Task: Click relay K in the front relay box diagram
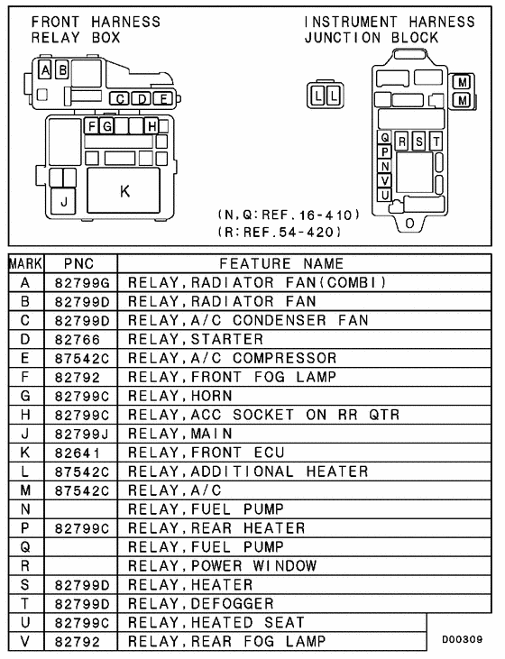pos(124,190)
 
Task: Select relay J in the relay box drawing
pos(63,202)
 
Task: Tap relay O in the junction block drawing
pos(410,222)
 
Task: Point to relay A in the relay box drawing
pos(45,69)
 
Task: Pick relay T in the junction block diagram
pos(436,141)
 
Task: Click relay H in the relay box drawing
pos(152,125)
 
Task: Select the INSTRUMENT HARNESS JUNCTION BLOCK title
pos(389,30)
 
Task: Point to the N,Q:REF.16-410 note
pos(289,215)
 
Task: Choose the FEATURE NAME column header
pos(282,263)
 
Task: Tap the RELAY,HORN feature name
pos(180,396)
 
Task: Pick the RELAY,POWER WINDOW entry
pos(222,565)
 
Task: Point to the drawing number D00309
pos(464,639)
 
